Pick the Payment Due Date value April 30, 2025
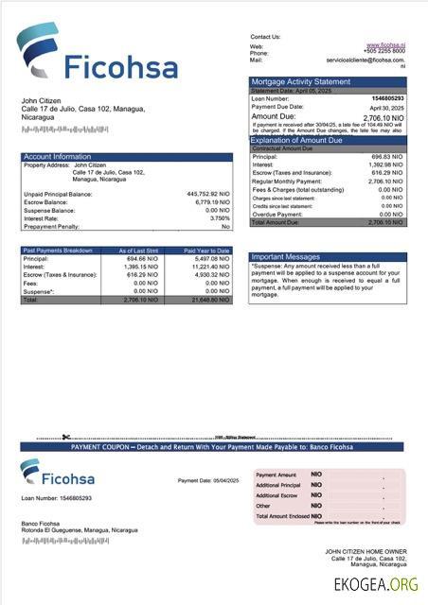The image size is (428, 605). click(386, 107)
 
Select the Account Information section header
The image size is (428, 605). click(58, 157)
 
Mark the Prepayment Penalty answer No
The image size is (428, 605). click(225, 227)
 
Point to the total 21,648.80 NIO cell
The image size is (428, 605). click(208, 300)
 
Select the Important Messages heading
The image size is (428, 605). click(286, 257)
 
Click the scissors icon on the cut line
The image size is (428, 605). click(66, 437)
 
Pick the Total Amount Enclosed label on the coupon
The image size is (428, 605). click(282, 516)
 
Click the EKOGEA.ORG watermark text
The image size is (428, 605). click(376, 584)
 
